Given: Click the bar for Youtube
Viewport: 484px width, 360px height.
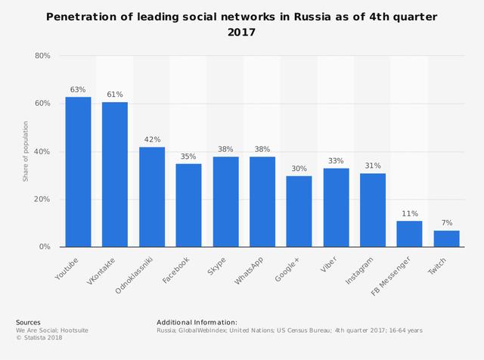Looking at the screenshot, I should [78, 172].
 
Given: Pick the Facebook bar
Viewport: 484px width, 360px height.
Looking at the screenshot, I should [189, 205].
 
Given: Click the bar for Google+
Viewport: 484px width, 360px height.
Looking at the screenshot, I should [299, 211].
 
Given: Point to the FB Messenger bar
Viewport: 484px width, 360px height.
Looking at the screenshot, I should [409, 234].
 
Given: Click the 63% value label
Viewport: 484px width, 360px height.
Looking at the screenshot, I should [78, 90].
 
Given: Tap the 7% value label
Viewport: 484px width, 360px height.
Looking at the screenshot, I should [446, 223].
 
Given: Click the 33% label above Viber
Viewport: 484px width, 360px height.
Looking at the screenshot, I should [336, 161].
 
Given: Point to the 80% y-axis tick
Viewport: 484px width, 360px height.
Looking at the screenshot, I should [42, 56].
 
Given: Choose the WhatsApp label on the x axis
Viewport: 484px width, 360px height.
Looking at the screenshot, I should [250, 270].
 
